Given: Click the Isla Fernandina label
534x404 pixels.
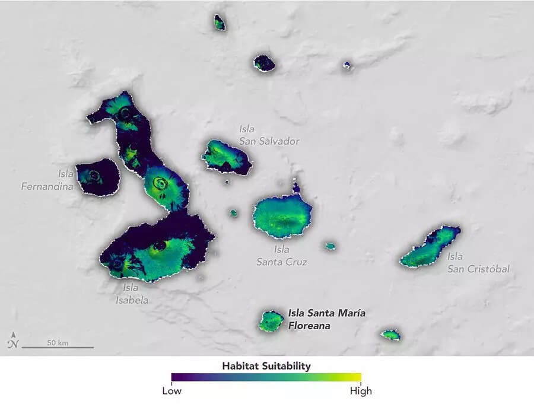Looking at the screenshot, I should [47, 180].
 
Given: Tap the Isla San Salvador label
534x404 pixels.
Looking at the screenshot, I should [269, 135].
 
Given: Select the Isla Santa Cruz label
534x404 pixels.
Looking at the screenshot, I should [281, 256].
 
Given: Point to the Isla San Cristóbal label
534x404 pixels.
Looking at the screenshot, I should [478, 262].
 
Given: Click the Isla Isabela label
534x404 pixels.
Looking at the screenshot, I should [132, 294].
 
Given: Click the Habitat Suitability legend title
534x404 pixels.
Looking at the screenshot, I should [266, 366].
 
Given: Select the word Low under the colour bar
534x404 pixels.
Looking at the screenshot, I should [172, 391].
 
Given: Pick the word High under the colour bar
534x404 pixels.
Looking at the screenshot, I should [361, 391].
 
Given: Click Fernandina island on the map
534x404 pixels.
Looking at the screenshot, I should [98, 177].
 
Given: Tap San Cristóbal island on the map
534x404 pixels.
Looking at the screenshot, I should [430, 248].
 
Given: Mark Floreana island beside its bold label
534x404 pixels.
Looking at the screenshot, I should [271, 321].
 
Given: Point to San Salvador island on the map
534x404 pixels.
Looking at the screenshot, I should [225, 157].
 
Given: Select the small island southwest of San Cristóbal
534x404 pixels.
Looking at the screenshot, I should [390, 335].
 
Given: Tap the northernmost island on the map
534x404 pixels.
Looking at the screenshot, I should [220, 23].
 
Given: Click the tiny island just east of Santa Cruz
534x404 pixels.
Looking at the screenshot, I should [330, 246].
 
